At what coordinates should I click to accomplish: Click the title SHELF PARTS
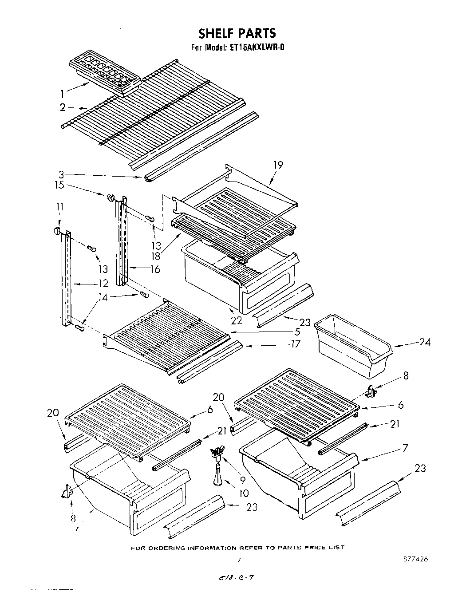click(x=237, y=33)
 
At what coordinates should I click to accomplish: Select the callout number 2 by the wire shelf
click(x=63, y=107)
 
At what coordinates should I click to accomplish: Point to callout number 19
click(x=278, y=165)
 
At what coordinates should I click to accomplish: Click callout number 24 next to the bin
click(x=424, y=342)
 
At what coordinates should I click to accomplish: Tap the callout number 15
click(x=59, y=185)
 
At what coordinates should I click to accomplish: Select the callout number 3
click(x=62, y=174)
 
